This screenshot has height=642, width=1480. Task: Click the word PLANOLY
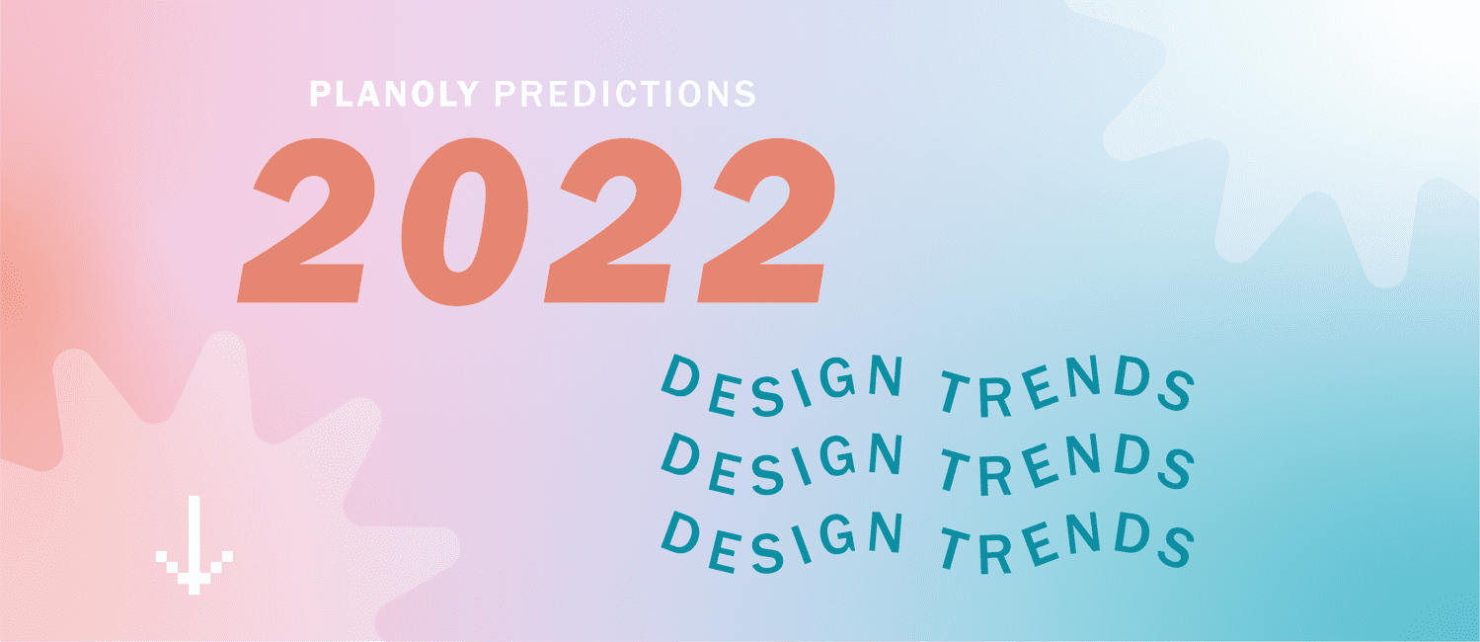click(394, 94)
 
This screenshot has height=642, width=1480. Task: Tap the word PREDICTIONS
click(625, 94)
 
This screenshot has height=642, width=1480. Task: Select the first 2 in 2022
click(307, 221)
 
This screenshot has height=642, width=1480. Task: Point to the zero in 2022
click(464, 221)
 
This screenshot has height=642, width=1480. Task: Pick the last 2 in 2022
click(766, 221)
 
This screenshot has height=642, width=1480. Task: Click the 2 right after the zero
click(613, 221)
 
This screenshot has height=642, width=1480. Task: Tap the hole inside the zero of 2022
click(465, 222)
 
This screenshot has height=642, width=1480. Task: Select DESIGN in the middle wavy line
click(783, 464)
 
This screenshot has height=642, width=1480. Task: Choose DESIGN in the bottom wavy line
click(783, 542)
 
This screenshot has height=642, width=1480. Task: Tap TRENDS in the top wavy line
click(1067, 386)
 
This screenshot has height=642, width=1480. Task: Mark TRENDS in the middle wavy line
click(1067, 464)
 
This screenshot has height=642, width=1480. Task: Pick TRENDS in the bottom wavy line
click(1067, 543)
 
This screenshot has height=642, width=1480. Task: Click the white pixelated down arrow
click(194, 545)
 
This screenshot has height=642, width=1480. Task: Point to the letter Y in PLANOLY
click(466, 94)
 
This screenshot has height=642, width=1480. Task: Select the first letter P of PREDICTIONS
click(507, 94)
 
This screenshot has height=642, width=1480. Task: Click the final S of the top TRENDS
click(1177, 389)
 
